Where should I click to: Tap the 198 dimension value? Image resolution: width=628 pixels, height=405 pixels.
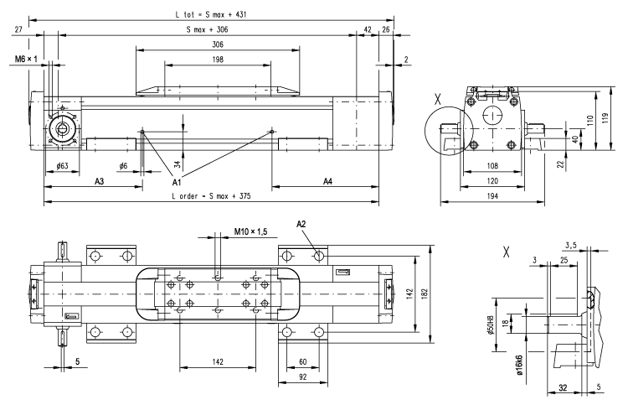218,60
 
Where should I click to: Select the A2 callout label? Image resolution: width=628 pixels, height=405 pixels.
302,224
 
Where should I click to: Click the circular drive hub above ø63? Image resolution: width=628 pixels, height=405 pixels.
61,128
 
